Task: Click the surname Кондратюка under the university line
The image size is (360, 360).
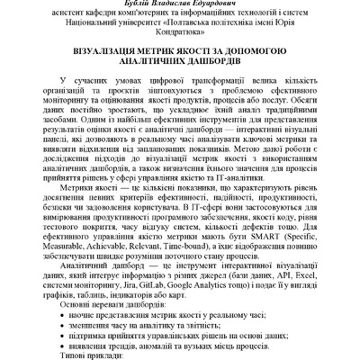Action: (x=179, y=33)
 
